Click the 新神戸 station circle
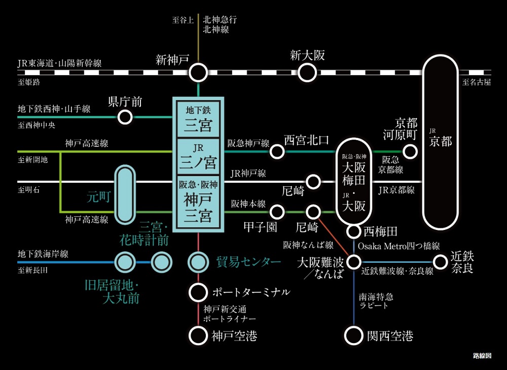(x=198, y=72)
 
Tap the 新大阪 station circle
(x=306, y=72)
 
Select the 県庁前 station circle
(x=125, y=117)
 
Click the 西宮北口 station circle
(x=277, y=151)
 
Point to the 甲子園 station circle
(x=277, y=211)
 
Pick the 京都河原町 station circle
(x=409, y=151)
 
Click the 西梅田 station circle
(x=353, y=232)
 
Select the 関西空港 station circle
(x=353, y=335)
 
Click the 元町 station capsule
(x=125, y=194)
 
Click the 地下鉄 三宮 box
(x=198, y=118)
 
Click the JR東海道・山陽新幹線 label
(x=59, y=63)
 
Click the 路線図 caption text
(x=482, y=356)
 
